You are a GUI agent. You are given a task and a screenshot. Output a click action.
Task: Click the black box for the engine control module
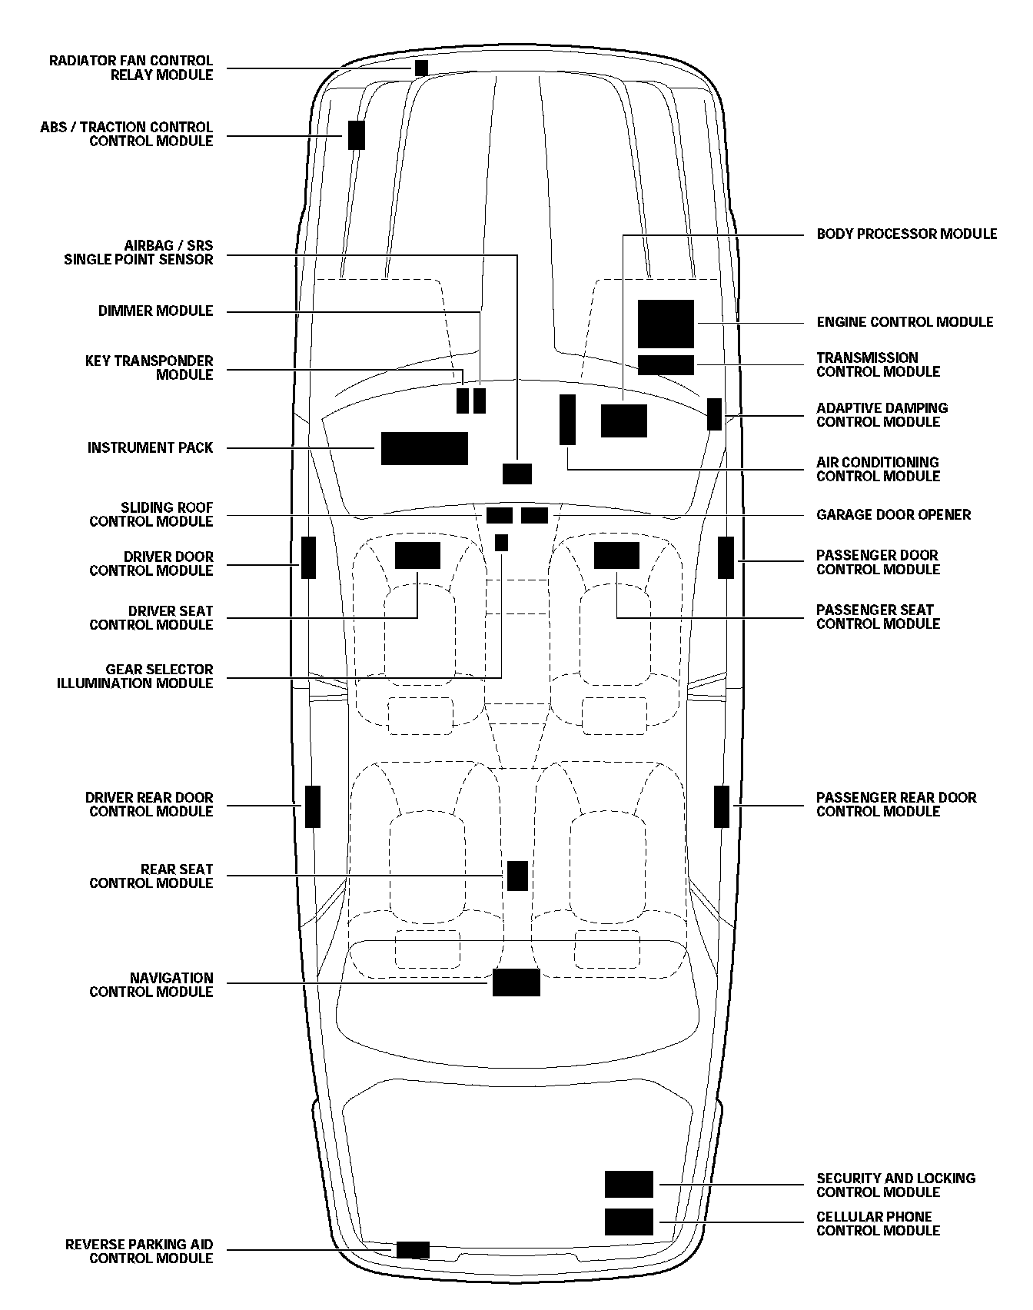click(666, 324)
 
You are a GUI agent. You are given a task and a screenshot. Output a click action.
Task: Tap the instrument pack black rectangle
click(424, 448)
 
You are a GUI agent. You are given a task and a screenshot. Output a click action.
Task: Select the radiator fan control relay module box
click(421, 68)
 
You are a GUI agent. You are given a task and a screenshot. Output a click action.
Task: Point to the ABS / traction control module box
click(356, 135)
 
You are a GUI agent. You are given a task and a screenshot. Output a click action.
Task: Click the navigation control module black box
click(516, 983)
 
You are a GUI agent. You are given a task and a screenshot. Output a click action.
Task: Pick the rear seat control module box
click(517, 876)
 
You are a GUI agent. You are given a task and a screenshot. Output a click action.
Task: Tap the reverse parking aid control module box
click(413, 1250)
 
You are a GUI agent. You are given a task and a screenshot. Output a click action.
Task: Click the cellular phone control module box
click(629, 1222)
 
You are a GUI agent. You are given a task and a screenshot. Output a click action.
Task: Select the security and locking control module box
click(629, 1185)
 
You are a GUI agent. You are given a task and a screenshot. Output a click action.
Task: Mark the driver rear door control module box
click(313, 806)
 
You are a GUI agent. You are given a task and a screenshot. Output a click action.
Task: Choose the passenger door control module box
click(726, 557)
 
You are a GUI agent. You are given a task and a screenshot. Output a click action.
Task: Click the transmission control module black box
click(666, 365)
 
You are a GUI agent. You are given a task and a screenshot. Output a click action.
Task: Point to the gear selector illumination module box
click(501, 543)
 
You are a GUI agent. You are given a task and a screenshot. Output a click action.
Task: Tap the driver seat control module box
click(417, 555)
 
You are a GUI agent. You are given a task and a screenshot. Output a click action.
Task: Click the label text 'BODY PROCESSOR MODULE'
click(906, 234)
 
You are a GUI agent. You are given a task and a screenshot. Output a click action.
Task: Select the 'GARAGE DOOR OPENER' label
click(893, 514)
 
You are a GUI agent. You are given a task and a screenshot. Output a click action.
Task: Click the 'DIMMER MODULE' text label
click(155, 311)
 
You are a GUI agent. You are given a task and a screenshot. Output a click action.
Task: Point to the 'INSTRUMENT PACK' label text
click(150, 447)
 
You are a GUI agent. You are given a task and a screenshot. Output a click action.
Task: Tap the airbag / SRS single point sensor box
click(517, 474)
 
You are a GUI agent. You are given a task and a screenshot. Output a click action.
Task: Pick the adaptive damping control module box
click(714, 414)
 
